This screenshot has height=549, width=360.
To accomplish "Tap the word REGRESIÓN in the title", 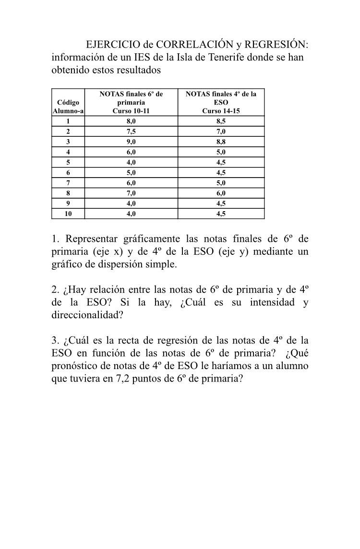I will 277,45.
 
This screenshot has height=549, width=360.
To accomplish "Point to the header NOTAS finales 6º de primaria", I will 131,102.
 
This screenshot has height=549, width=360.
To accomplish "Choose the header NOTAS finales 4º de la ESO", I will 221,102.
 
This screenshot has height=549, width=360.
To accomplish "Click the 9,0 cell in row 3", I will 131,142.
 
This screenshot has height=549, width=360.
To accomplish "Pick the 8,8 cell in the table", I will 221,142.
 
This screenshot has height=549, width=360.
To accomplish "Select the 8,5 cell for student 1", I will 221,121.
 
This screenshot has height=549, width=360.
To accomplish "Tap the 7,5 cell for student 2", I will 131,131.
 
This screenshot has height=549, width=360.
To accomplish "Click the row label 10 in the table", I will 68,214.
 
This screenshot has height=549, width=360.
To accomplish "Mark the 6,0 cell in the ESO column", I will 221,193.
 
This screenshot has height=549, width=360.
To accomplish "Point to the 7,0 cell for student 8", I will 131,193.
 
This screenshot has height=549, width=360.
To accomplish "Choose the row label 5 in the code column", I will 68,162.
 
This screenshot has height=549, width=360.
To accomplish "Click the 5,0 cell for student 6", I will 131,173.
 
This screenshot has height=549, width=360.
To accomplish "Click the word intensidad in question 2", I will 270,303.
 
